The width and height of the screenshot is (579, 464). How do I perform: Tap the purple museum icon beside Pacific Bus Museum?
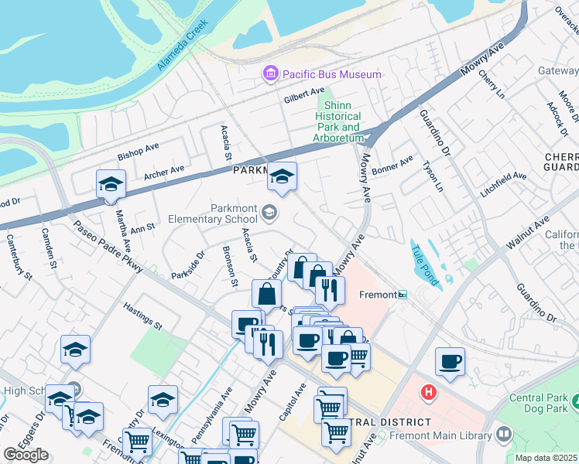(270, 74)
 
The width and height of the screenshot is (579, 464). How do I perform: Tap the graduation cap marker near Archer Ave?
(111, 185)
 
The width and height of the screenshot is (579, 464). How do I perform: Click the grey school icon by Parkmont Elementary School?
(269, 212)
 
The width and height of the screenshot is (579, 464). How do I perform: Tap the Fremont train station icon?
(402, 295)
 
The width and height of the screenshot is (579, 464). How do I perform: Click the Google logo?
(26, 455)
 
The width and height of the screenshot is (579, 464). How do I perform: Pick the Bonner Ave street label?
(392, 165)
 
